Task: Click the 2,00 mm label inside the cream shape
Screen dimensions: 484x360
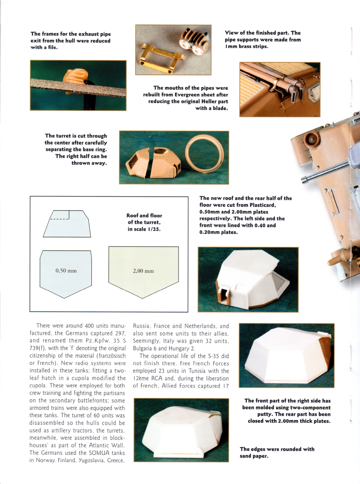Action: tap(143, 271)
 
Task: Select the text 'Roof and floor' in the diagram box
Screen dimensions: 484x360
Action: tap(144, 216)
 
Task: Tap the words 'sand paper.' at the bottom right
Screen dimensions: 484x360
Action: tap(254, 456)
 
